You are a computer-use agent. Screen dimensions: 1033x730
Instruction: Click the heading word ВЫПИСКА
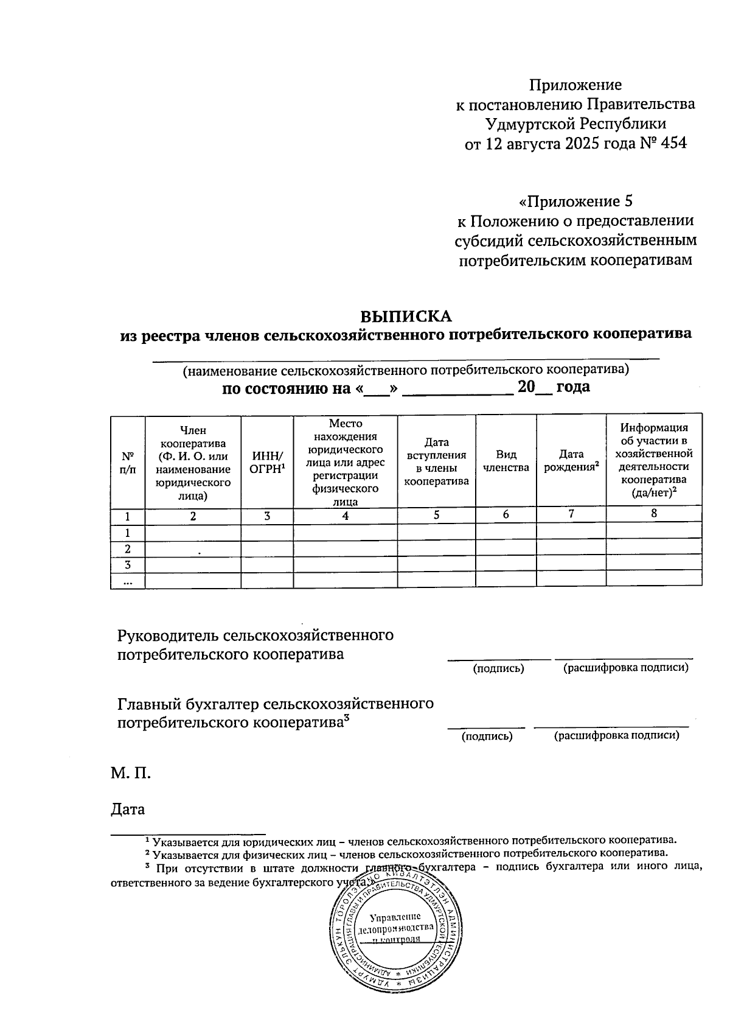tap(406, 317)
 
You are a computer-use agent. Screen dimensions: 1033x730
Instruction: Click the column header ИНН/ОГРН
tap(267, 461)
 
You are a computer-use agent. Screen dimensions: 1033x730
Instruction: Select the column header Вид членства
tap(506, 461)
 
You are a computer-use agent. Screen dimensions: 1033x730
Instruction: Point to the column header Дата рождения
tap(571, 461)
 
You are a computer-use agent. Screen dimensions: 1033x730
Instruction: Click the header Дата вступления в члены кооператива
tap(436, 461)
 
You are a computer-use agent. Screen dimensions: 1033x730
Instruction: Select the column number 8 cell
tap(654, 513)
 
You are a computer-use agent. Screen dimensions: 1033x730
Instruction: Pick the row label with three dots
tap(128, 583)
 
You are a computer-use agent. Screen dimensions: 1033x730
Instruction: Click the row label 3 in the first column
tap(128, 564)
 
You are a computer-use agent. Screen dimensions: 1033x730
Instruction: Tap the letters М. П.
tap(131, 773)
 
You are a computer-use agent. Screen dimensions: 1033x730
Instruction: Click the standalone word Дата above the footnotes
tap(128, 809)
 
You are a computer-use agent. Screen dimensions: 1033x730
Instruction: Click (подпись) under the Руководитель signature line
tap(499, 668)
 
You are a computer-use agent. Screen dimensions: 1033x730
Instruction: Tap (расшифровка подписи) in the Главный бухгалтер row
tap(616, 736)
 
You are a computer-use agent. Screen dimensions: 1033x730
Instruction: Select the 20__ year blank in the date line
tap(534, 387)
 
